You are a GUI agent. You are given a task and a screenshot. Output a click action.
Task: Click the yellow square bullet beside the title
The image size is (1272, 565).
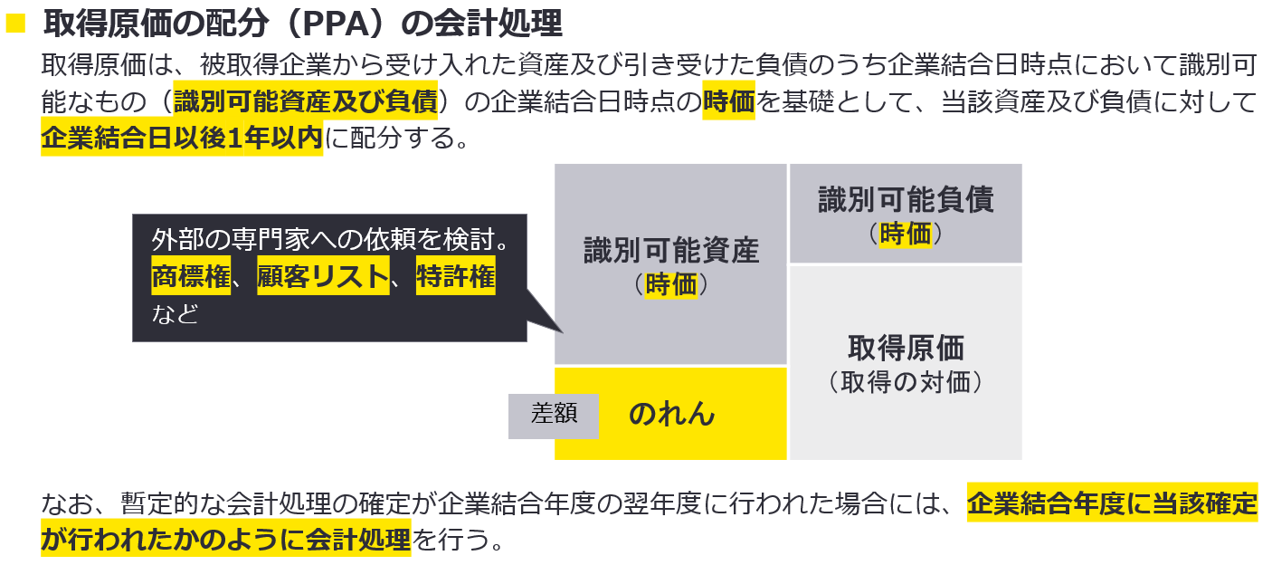tap(15, 23)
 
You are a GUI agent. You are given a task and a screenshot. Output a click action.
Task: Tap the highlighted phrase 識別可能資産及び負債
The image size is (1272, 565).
tap(306, 101)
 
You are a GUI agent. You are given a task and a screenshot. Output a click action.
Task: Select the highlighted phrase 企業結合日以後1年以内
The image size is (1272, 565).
tap(181, 139)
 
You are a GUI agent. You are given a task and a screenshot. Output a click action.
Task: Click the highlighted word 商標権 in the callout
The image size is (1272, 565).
tap(191, 277)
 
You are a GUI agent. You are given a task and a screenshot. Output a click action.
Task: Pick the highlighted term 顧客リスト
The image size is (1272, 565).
tap(323, 277)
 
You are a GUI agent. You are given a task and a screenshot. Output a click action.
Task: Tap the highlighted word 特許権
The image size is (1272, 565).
tap(456, 277)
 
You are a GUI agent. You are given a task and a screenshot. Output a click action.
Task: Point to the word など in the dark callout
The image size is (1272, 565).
tap(176, 313)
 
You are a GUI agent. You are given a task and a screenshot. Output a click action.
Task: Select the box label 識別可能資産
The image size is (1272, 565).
tap(670, 251)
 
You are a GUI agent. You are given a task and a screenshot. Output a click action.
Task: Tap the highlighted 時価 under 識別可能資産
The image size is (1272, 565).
tap(671, 284)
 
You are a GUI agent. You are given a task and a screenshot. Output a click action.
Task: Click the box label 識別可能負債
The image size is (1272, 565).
tap(906, 199)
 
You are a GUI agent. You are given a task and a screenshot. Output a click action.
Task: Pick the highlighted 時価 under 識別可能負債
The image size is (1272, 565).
tap(906, 234)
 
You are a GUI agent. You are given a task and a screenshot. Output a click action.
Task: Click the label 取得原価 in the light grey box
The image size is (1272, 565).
tap(906, 348)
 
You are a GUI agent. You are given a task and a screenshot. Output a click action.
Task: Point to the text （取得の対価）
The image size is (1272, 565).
tap(906, 382)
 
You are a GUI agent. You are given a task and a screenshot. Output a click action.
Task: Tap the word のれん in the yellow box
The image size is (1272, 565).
tap(671, 414)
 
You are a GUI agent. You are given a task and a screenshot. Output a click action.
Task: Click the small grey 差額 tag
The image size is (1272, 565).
tap(553, 415)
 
